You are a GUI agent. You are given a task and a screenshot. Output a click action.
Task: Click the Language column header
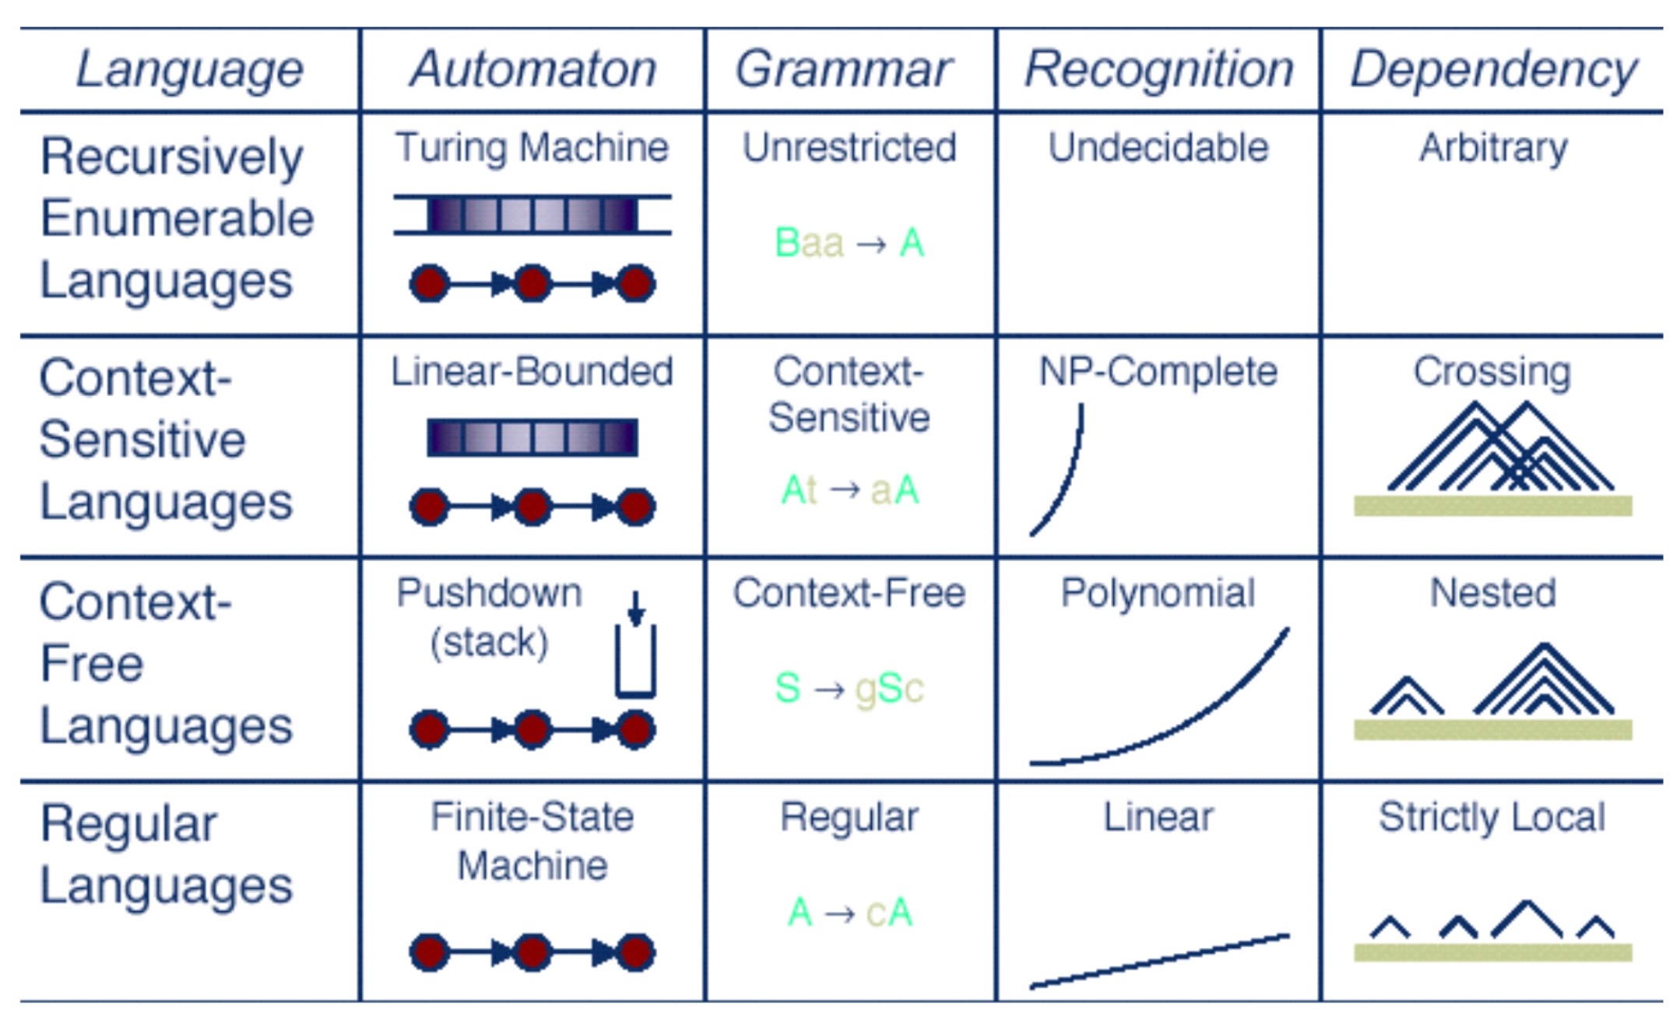tap(189, 70)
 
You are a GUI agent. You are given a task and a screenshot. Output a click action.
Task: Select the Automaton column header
tap(533, 70)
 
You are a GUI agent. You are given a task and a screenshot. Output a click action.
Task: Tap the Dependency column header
tap(1493, 70)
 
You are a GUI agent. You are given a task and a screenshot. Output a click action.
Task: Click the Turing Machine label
tap(532, 147)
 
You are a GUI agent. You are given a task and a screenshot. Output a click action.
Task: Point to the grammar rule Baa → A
tap(849, 244)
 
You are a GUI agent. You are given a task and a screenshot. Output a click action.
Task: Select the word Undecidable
tap(1158, 147)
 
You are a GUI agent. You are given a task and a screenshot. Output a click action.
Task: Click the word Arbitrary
tap(1493, 147)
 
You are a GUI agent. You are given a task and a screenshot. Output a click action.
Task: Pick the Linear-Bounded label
tap(532, 371)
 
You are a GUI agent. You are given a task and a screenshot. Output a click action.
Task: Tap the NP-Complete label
tap(1158, 371)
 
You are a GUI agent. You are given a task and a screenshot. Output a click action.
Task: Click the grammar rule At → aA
tap(849, 490)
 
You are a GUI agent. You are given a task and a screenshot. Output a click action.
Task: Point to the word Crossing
tap(1492, 371)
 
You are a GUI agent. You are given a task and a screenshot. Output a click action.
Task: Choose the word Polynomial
tap(1158, 594)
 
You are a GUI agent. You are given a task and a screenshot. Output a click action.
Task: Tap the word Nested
tap(1493, 594)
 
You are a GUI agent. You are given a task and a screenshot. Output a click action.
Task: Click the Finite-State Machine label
tap(532, 841)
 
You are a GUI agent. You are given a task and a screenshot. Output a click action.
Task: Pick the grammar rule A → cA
tap(849, 912)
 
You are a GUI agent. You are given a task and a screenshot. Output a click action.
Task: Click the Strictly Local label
tap(1492, 817)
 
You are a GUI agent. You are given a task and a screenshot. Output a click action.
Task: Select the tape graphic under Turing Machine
tap(532, 215)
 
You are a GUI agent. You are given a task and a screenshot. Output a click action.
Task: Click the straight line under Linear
tap(1159, 961)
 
